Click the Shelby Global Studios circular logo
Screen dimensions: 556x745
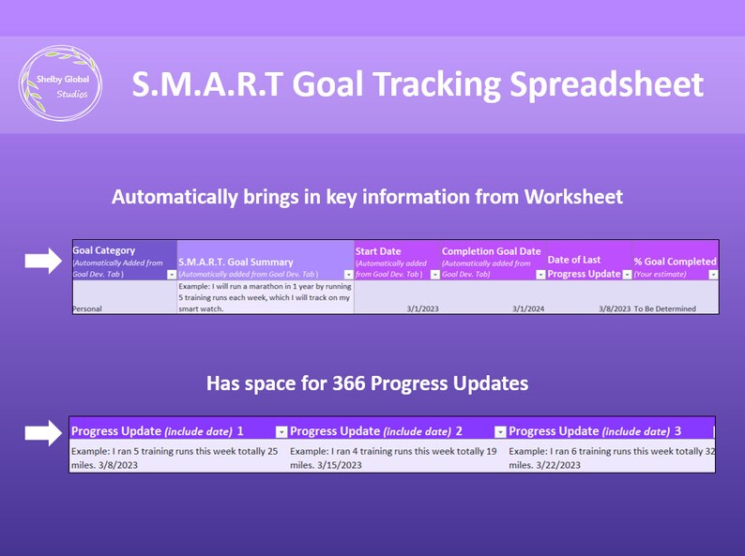[62, 84]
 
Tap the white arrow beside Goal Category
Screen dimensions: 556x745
[42, 262]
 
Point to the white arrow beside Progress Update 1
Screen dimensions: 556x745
[42, 432]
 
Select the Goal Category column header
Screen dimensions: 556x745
[103, 250]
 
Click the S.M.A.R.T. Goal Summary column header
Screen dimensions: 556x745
[235, 263]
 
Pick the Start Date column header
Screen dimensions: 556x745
[378, 251]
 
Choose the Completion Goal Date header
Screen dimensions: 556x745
[491, 251]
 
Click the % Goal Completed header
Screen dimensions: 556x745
[675, 262]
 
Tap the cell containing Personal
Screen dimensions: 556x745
[88, 308]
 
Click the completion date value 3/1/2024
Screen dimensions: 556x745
[527, 308]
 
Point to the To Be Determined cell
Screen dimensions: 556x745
[665, 308]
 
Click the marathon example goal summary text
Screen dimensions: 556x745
[264, 296]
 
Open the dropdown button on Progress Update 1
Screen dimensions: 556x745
[281, 431]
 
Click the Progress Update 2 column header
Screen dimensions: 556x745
[376, 431]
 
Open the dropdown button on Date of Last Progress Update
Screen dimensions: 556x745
[627, 274]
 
